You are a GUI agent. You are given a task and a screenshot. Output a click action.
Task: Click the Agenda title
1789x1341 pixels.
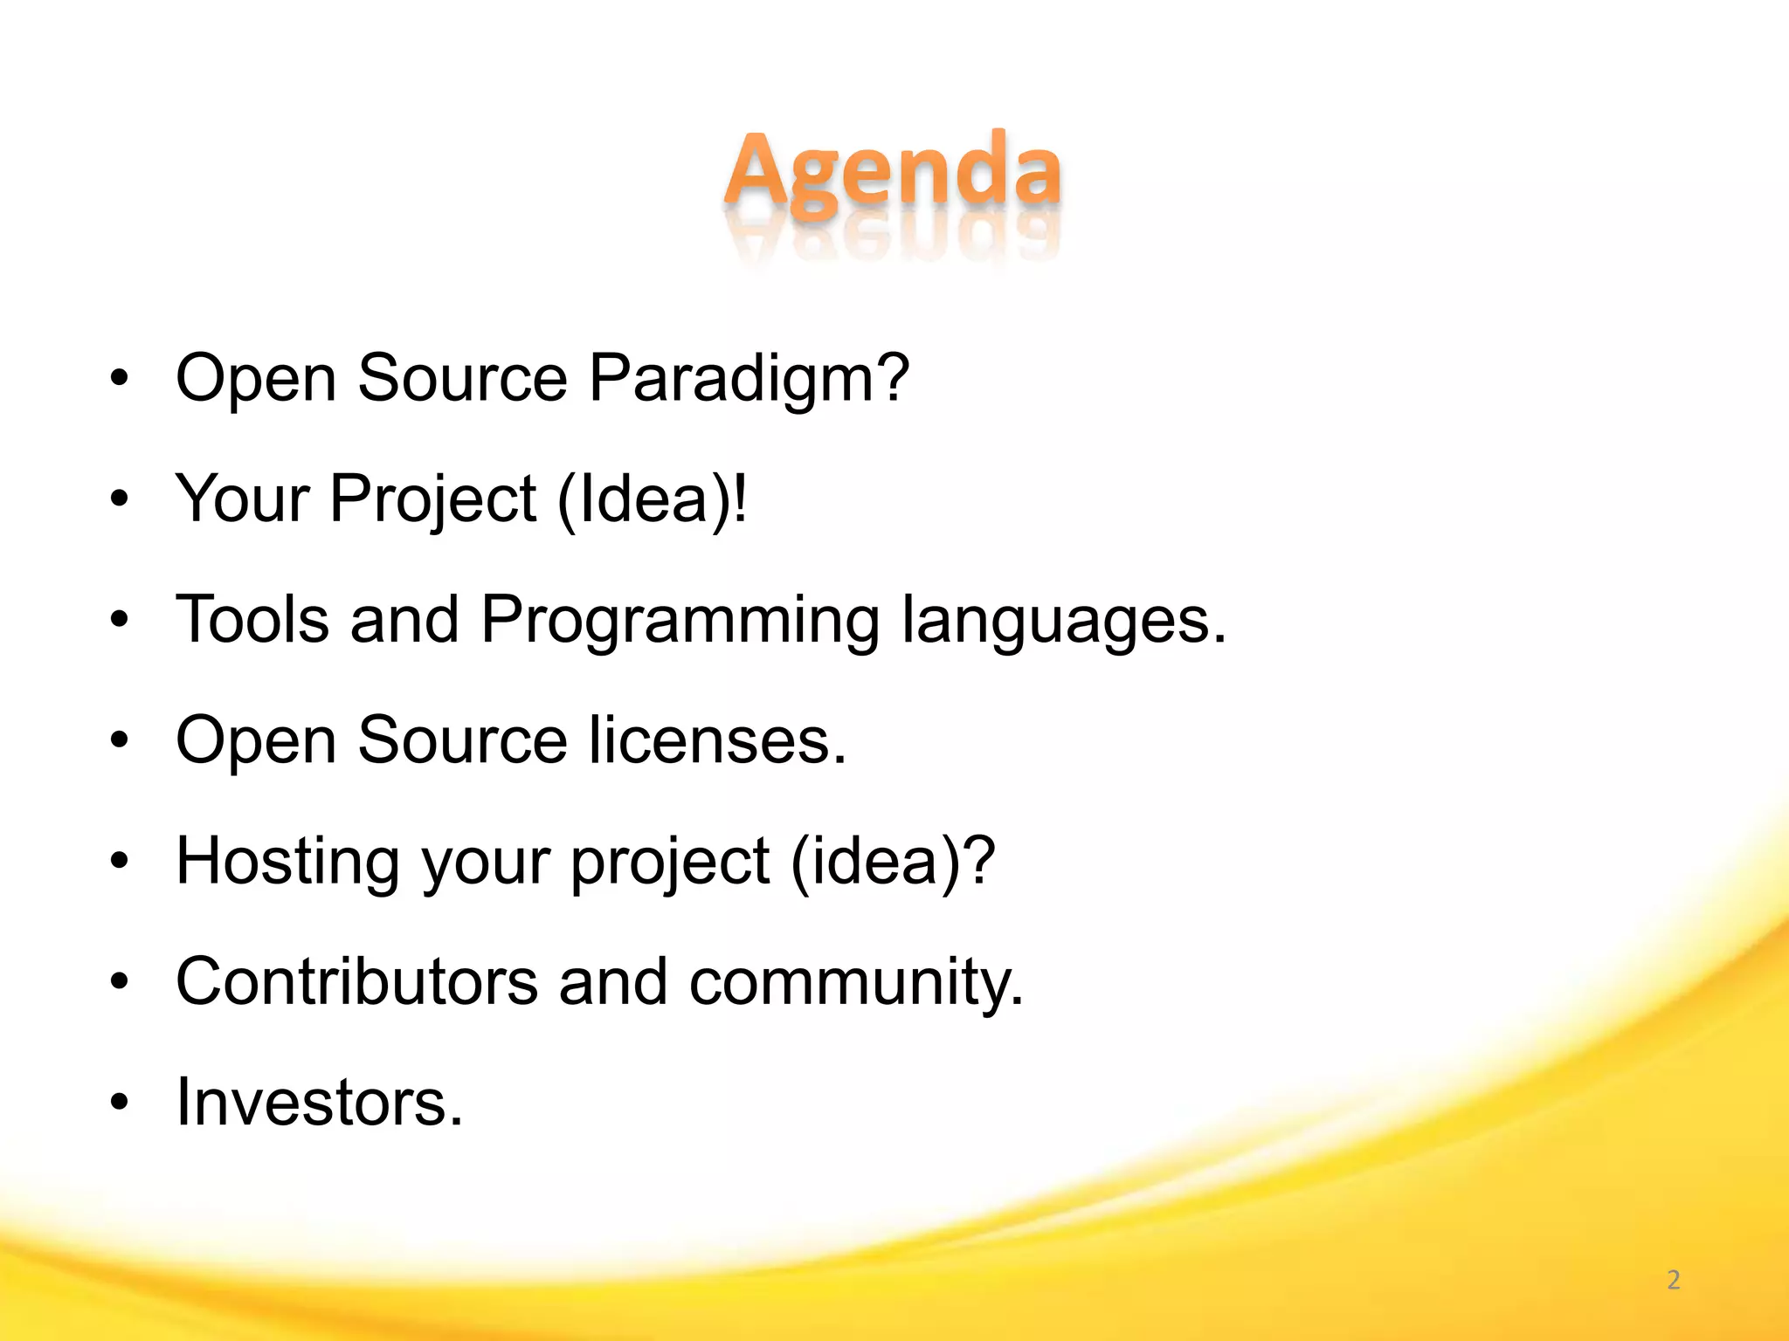pyautogui.click(x=893, y=170)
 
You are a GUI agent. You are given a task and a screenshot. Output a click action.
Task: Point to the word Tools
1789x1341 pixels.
pyautogui.click(x=252, y=620)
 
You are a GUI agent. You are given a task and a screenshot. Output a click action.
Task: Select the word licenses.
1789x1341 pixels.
pyautogui.click(x=717, y=740)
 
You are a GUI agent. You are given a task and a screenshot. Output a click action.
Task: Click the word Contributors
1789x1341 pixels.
pyautogui.click(x=356, y=981)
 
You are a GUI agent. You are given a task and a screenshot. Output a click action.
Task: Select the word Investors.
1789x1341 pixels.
pyautogui.click(x=319, y=1103)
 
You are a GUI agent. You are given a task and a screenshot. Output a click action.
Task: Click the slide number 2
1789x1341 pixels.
pyautogui.click(x=1673, y=1280)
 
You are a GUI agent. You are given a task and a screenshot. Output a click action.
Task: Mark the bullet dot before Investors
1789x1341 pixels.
pyautogui.click(x=120, y=1103)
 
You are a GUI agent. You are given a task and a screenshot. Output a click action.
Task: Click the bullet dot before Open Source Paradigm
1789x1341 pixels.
pyautogui.click(x=120, y=379)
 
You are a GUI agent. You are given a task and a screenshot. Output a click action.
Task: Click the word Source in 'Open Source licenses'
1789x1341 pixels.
pyautogui.click(x=462, y=740)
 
